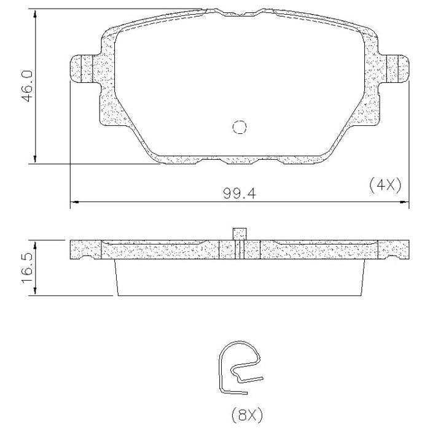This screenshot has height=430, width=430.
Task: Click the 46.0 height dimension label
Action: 28,86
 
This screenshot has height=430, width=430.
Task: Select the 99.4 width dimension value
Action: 240,193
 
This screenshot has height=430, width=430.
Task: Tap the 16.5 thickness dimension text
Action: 28,268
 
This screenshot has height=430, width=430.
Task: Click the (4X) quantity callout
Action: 385,185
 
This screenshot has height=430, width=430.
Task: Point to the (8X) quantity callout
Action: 247,415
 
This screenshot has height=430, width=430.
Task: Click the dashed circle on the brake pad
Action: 240,127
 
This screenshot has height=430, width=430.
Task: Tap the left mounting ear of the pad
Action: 82,68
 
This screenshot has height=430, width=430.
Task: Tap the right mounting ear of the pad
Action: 397,68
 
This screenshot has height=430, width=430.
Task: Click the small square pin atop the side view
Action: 240,234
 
